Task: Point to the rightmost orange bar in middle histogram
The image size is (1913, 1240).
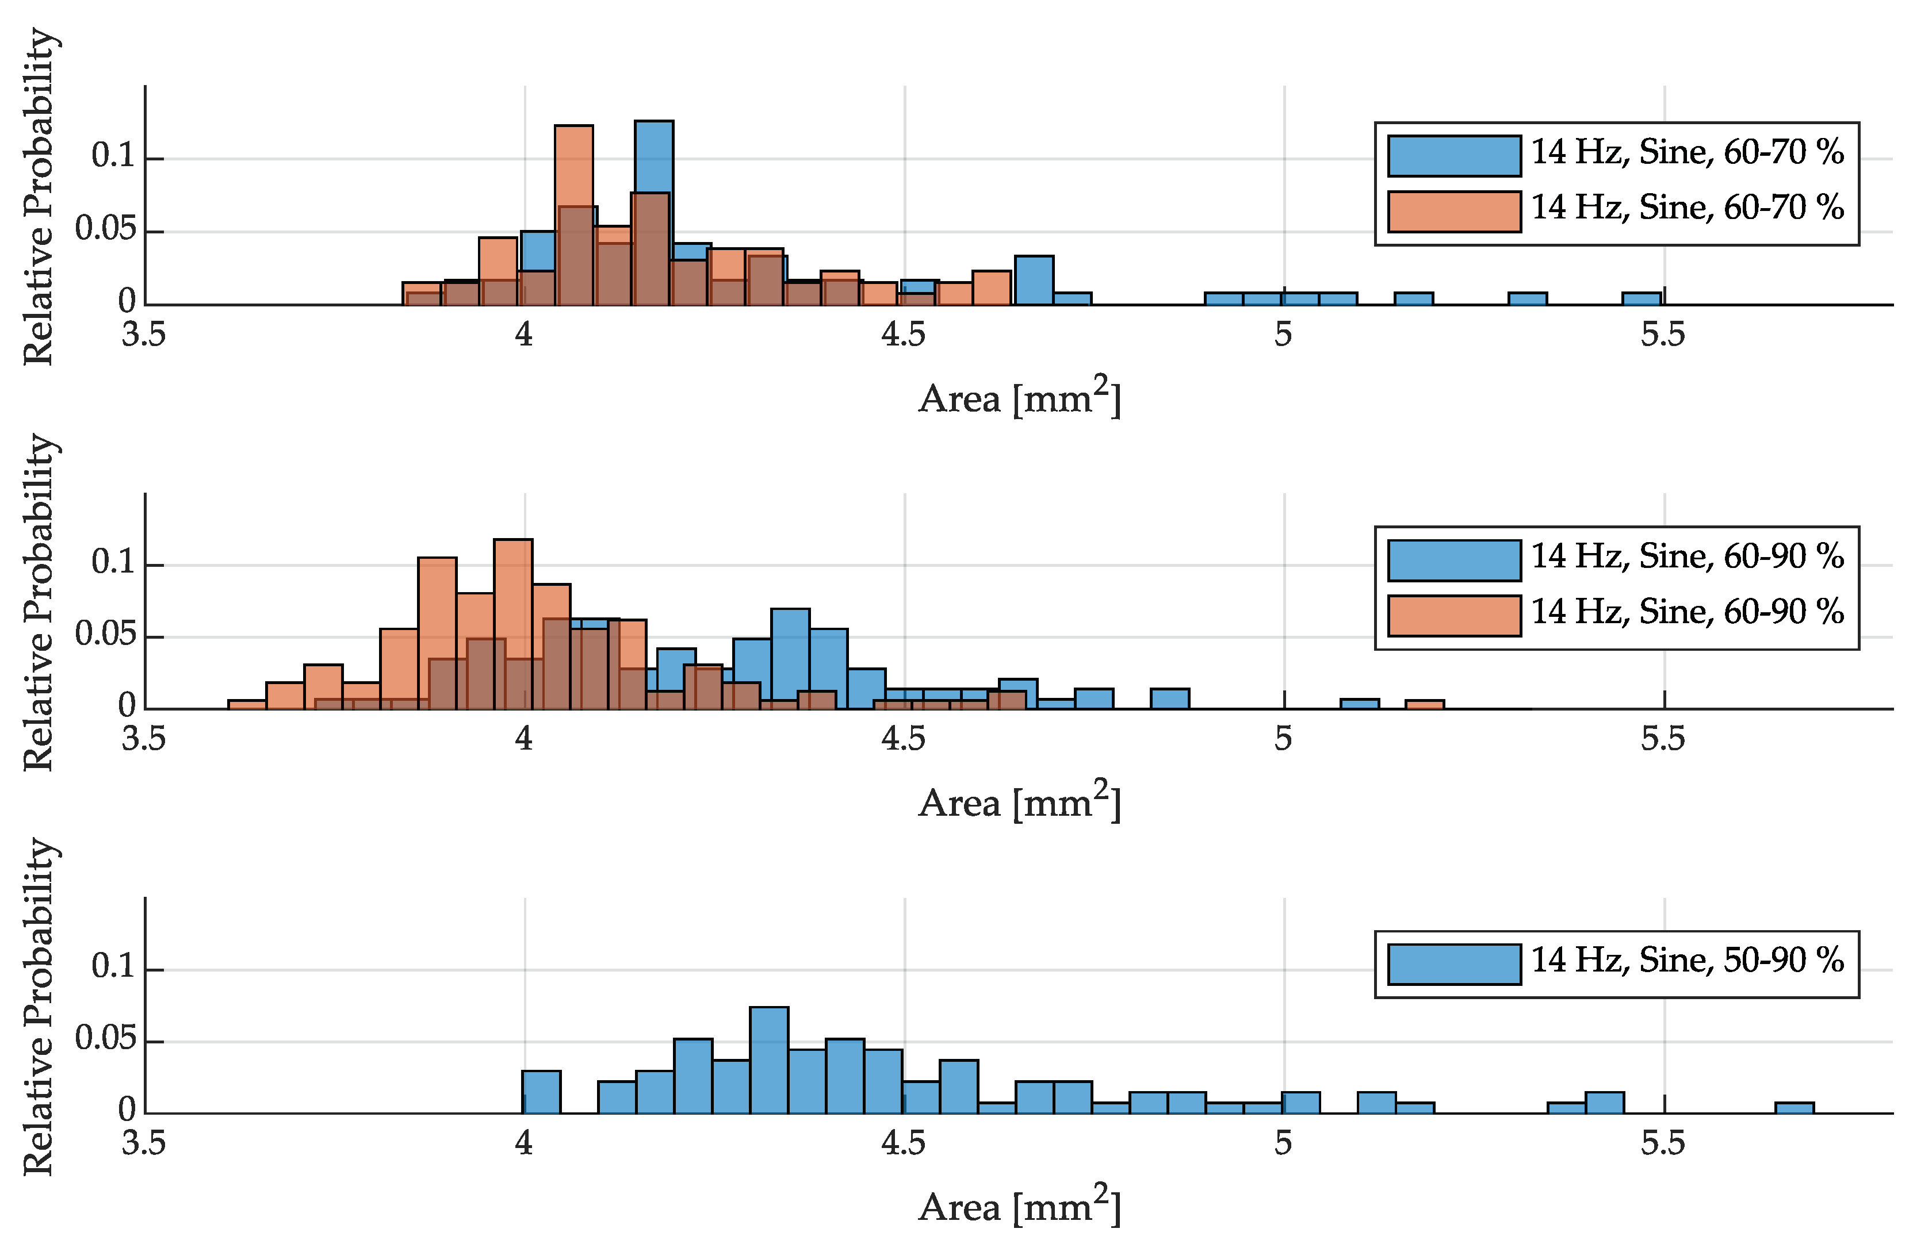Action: pos(1424,705)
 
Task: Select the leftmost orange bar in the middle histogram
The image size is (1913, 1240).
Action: pos(247,705)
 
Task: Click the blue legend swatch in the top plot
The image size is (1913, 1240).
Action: pos(1453,156)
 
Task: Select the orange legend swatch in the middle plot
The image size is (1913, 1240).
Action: pos(1453,616)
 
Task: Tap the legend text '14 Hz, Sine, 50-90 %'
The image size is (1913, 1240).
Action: pos(1686,961)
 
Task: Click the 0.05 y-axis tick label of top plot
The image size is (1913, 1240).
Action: pos(105,230)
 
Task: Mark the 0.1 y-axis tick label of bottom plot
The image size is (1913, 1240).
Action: pos(113,966)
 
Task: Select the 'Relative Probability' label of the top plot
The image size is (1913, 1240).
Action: pos(39,197)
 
